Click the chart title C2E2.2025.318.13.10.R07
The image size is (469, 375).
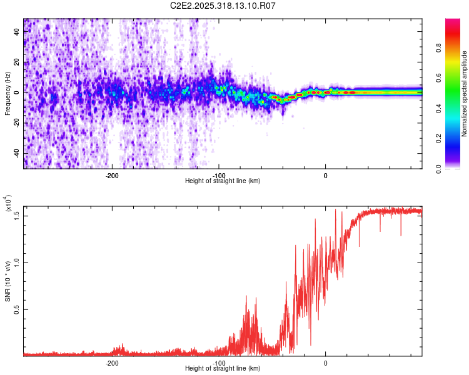point(223,6)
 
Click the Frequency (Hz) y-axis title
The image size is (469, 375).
point(8,94)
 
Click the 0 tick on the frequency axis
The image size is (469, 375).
point(18,92)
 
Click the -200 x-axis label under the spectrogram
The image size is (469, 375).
point(112,175)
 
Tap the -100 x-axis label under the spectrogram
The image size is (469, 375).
point(219,175)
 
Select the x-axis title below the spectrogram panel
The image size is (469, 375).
point(223,181)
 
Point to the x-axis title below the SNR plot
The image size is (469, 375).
point(223,369)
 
